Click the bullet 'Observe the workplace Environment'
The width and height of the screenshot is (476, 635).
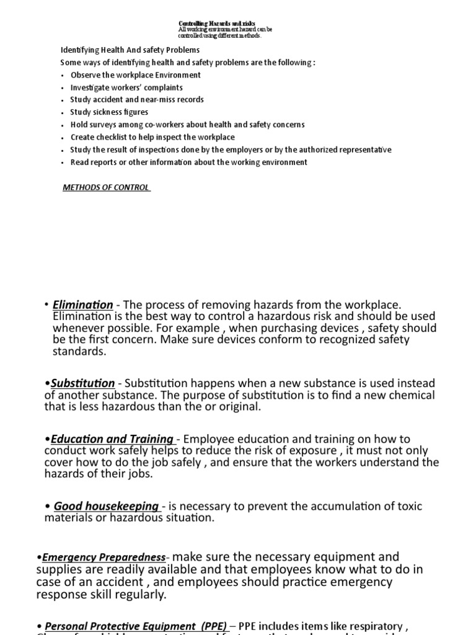click(135, 75)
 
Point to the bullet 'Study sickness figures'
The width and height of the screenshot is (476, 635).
click(109, 112)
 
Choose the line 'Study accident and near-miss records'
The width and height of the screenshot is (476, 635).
click(136, 100)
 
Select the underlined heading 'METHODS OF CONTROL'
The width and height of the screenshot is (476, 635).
click(106, 187)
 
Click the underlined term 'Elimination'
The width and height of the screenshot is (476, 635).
click(83, 304)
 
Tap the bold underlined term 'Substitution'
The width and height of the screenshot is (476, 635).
click(82, 383)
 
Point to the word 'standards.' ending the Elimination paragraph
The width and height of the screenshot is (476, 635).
click(79, 352)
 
